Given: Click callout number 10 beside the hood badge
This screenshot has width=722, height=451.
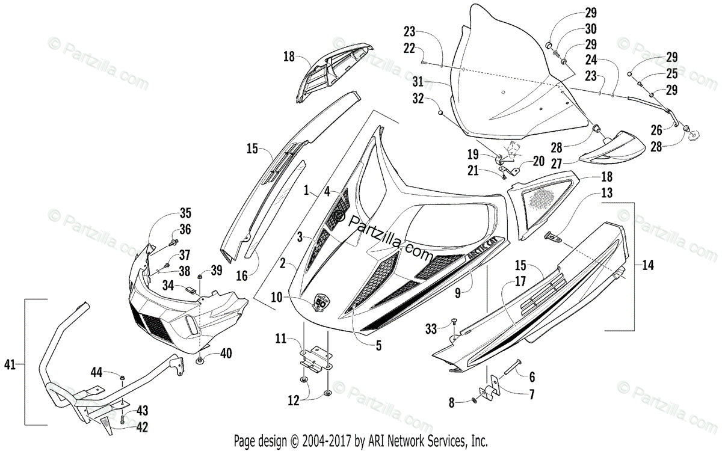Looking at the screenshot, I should point(276,297).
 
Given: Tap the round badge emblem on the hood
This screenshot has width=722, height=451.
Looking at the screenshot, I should point(321,301).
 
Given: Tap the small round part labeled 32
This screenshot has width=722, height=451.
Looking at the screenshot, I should point(441,112).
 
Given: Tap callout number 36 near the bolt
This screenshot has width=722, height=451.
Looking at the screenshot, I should point(185,229).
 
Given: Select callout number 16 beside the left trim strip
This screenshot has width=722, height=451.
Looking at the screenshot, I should point(242,276).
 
